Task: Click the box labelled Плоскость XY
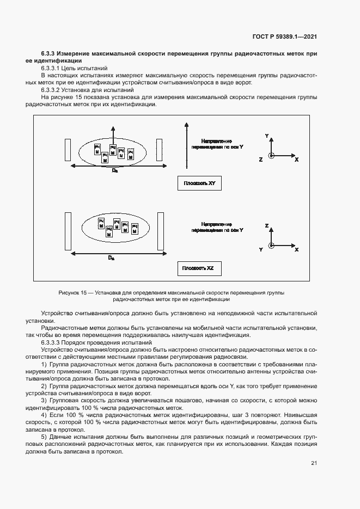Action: [199, 183]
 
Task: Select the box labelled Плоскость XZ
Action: [199, 268]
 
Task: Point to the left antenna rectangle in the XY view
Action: [67, 151]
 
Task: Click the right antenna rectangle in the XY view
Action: [160, 151]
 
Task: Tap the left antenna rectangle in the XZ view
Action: [68, 231]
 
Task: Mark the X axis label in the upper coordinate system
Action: [297, 160]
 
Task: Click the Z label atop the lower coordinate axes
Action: [267, 225]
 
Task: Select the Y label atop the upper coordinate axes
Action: [266, 134]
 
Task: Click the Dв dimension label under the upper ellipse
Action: [114, 171]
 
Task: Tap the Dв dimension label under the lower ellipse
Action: [111, 257]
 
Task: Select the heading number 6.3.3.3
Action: [52, 343]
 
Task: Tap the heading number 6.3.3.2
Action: [52, 90]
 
